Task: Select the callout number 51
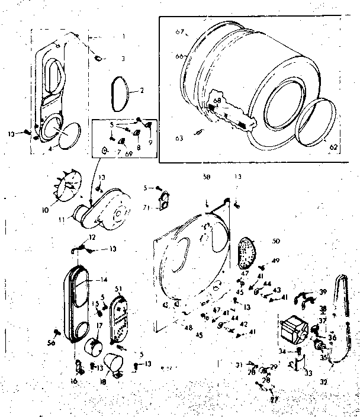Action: [118, 288]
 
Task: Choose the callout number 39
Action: [323, 293]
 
